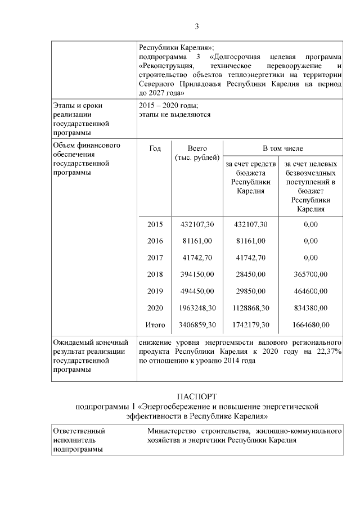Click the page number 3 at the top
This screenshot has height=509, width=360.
(x=197, y=26)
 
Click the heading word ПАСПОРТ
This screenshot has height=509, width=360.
(x=196, y=397)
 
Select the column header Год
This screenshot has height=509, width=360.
(x=155, y=148)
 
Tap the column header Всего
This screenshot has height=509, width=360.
(x=197, y=148)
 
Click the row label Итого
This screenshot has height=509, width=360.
(x=155, y=325)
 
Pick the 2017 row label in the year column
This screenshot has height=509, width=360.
(x=155, y=258)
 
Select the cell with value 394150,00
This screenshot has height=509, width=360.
(x=197, y=274)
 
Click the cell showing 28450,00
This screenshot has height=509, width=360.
(x=250, y=274)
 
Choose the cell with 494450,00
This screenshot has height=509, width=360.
(x=197, y=291)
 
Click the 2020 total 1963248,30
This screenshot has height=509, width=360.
(x=197, y=308)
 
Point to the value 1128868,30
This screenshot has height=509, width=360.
(x=250, y=308)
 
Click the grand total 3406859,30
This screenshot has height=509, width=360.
(x=197, y=325)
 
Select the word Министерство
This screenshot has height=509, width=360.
(x=167, y=431)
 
